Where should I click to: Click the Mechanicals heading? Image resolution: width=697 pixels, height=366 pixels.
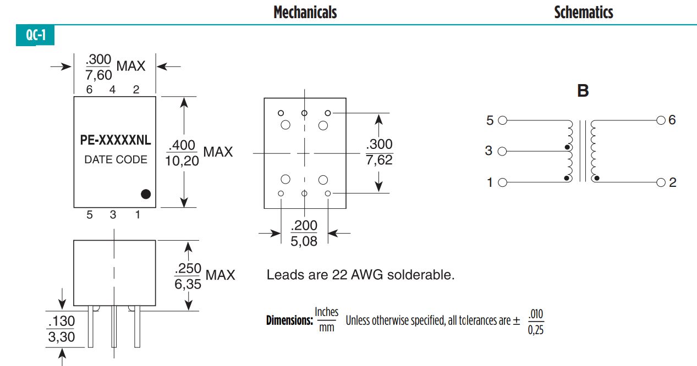point(305,12)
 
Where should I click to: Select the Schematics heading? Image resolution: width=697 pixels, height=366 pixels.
point(583,12)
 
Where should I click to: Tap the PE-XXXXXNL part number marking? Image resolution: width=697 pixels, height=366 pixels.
point(116,140)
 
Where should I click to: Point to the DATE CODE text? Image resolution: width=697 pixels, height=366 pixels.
point(116,160)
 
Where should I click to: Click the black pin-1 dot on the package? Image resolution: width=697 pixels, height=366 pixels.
point(146,193)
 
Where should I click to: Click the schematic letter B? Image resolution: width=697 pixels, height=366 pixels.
point(583,91)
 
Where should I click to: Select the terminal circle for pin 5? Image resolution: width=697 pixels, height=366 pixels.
point(502,120)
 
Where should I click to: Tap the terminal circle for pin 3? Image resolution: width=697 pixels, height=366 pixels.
point(502,151)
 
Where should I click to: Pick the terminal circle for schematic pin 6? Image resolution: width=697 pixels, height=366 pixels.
point(661,120)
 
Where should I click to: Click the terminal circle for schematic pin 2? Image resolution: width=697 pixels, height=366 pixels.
point(661,182)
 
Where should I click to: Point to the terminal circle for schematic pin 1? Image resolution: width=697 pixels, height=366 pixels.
point(502,182)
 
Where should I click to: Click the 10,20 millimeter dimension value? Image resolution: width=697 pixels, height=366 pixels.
point(182,161)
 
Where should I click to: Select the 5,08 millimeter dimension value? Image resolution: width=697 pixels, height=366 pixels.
point(304,241)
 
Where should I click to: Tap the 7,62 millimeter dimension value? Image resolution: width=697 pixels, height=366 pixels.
point(379,160)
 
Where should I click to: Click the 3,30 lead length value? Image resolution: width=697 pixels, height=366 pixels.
point(61,336)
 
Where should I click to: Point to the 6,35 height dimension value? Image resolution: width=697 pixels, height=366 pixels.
point(188,284)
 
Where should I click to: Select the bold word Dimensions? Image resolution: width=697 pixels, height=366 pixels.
point(289,320)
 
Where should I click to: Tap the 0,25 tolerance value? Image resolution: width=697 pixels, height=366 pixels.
point(535,331)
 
